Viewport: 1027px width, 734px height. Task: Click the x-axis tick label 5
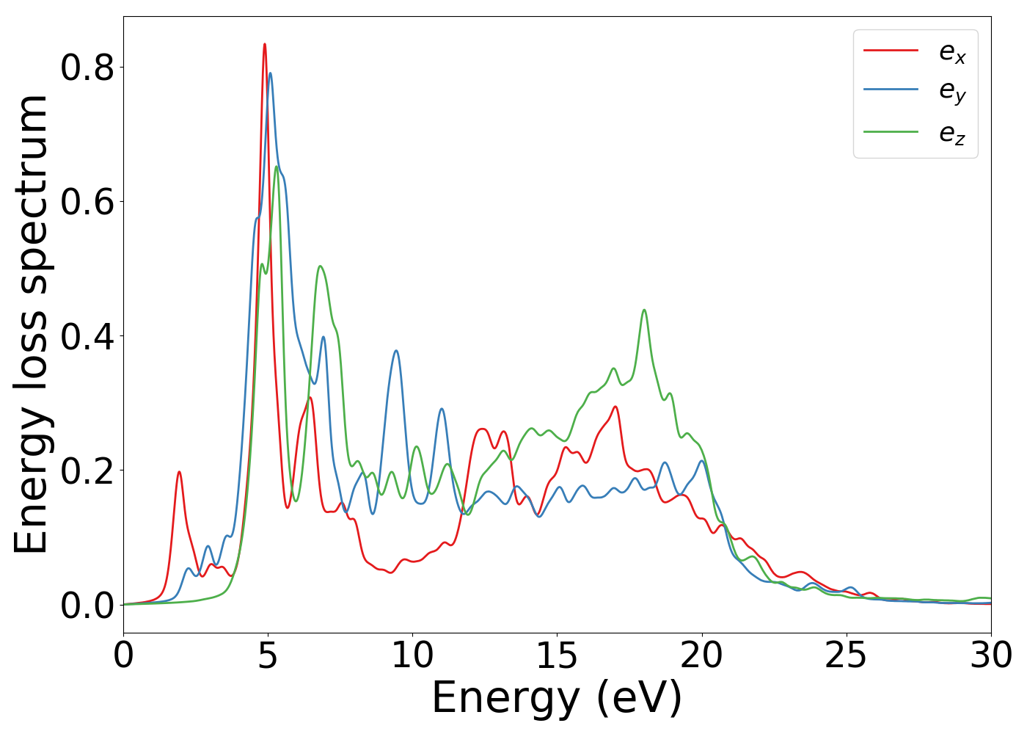pyautogui.click(x=268, y=655)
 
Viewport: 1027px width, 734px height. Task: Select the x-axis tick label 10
pyautogui.click(x=412, y=655)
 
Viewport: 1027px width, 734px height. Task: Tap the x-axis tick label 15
pyautogui.click(x=557, y=655)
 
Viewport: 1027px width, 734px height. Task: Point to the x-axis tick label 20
pyautogui.click(x=701, y=655)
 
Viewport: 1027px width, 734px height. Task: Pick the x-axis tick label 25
pyautogui.click(x=846, y=655)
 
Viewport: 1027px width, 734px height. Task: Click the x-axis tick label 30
pyautogui.click(x=990, y=655)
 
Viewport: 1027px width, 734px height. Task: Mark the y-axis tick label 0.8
pyautogui.click(x=87, y=68)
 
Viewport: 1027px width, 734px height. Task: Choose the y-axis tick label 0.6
pyautogui.click(x=87, y=202)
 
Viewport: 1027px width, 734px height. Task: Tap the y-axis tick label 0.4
pyautogui.click(x=87, y=336)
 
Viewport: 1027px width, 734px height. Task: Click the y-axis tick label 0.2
pyautogui.click(x=87, y=470)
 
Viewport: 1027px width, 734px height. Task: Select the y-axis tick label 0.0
pyautogui.click(x=87, y=605)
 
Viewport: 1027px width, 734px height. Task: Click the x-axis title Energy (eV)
pyautogui.click(x=557, y=698)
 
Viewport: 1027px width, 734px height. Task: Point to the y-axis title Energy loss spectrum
pyautogui.click(x=31, y=324)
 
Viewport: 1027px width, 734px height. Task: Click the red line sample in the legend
pyautogui.click(x=891, y=50)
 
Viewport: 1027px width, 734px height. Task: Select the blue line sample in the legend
pyautogui.click(x=891, y=90)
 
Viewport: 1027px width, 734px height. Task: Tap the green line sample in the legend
pyautogui.click(x=891, y=132)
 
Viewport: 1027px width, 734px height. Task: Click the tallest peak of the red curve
pyautogui.click(x=264, y=44)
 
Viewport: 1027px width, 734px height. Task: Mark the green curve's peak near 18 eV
pyautogui.click(x=644, y=310)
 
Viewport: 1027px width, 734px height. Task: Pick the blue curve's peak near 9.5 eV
pyautogui.click(x=396, y=351)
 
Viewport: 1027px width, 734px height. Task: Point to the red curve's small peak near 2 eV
pyautogui.click(x=179, y=472)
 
